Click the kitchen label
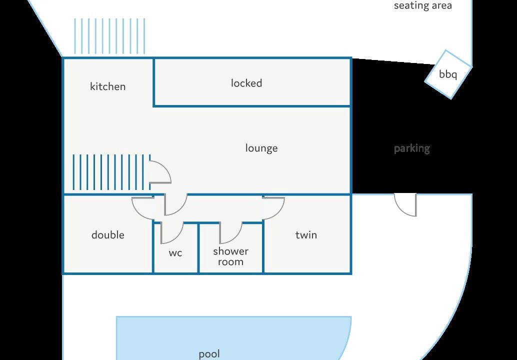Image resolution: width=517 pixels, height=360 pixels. tap(108, 86)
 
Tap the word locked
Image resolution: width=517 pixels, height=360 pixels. tap(246, 82)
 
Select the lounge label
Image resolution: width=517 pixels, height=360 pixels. tap(261, 148)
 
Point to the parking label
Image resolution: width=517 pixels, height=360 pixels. tap(412, 148)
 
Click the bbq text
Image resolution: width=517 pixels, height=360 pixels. tap(448, 74)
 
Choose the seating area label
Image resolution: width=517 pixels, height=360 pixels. tap(422, 5)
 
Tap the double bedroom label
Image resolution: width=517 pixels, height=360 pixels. tap(108, 234)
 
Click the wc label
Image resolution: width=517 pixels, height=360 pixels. tap(175, 253)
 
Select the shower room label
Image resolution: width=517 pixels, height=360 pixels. tap(230, 256)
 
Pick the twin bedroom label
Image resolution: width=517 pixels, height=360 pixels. tap(306, 234)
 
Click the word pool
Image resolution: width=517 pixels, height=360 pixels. tap(209, 354)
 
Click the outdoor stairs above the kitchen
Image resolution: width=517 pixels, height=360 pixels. tap(109, 36)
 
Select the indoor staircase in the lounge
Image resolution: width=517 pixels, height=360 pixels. tap(111, 172)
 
